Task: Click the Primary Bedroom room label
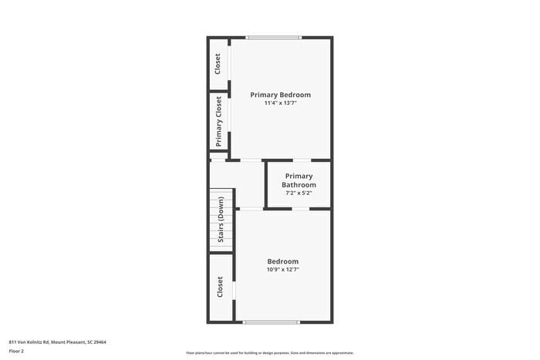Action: tap(280, 95)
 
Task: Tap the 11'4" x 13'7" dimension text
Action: tap(280, 103)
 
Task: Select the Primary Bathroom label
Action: tap(299, 180)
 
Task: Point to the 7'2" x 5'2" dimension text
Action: tap(299, 193)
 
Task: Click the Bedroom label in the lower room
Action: tap(282, 261)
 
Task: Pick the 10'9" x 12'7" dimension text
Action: tap(282, 270)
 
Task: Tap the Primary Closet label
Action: tap(219, 122)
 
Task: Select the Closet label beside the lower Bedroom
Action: tap(220, 288)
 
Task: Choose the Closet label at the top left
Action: tap(218, 63)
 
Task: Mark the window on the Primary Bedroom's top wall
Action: tap(273, 37)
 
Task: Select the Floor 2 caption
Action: tap(16, 351)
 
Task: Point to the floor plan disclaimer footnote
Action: tap(269, 352)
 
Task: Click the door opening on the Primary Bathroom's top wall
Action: tap(302, 160)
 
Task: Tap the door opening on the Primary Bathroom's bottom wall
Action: tap(301, 208)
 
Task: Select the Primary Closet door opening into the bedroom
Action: tap(230, 121)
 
